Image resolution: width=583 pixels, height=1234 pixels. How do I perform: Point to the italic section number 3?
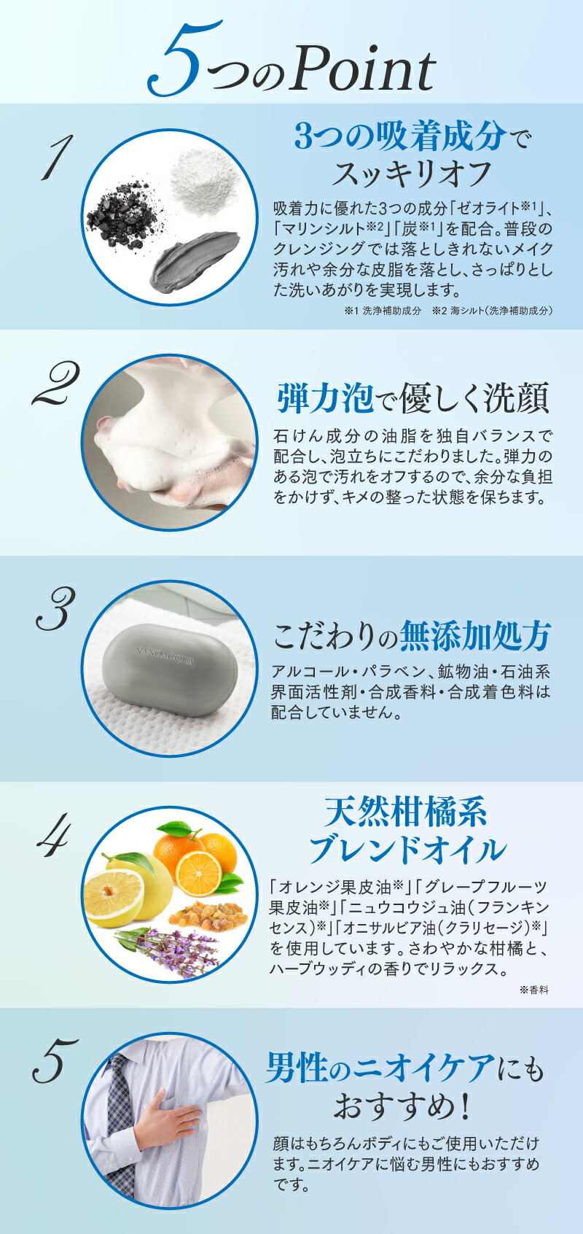(x=55, y=610)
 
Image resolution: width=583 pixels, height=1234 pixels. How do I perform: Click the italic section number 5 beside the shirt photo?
(x=55, y=1061)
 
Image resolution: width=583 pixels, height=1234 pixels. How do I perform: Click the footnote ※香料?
(x=533, y=990)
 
